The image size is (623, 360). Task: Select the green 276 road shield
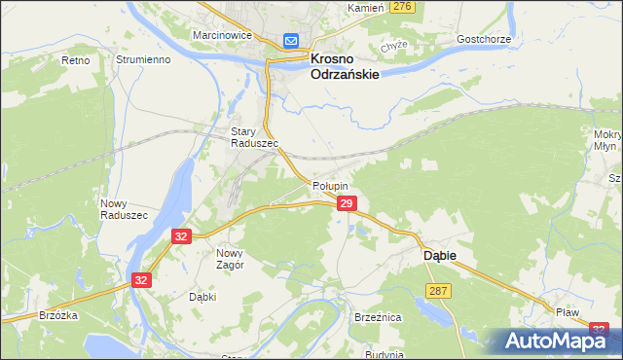point(402,7)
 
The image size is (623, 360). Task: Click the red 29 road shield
point(347,202)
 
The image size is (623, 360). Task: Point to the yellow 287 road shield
point(437,291)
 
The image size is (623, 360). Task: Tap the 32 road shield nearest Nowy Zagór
point(181,236)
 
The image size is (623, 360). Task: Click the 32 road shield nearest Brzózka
point(141,280)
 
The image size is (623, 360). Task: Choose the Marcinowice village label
point(223,35)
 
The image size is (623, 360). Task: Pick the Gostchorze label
point(484,40)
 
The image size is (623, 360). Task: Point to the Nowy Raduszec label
point(124,209)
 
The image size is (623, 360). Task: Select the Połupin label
point(331,185)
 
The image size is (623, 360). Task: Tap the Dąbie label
point(440,255)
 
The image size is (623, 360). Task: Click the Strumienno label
point(144,59)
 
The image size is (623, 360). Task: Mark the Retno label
point(75,59)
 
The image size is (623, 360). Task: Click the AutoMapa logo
point(556,340)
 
